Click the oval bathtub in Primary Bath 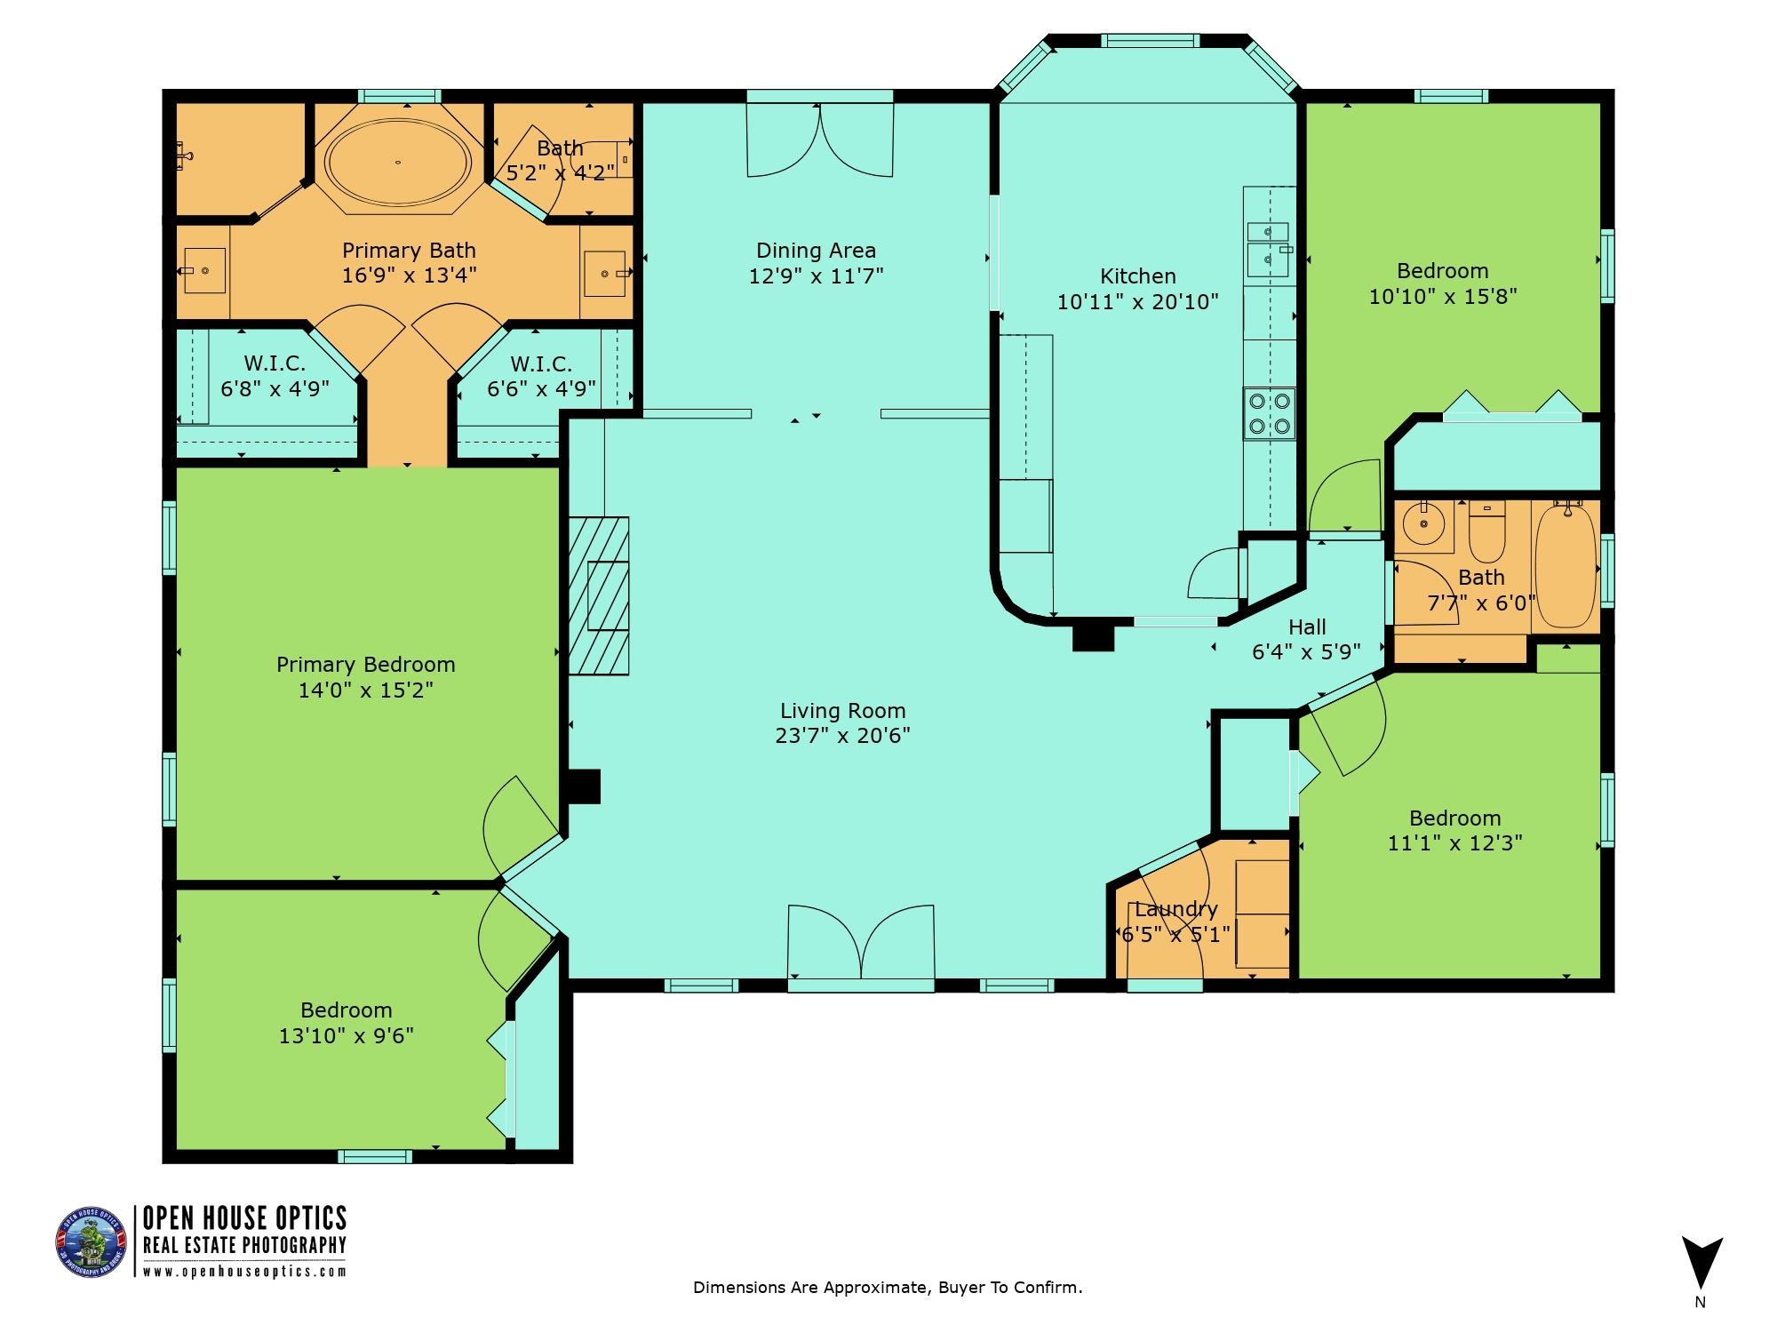coord(397,163)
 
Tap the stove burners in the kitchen coord(1269,414)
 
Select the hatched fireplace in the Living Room coord(599,595)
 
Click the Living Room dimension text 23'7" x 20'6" coord(842,736)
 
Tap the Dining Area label coord(816,251)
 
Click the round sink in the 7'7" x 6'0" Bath coord(1422,523)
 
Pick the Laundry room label coord(1175,909)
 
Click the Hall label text coord(1307,627)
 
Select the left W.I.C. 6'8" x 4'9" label coord(275,376)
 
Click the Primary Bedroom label coord(365,665)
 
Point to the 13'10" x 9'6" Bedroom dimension coord(346,1036)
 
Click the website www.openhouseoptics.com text coord(244,1272)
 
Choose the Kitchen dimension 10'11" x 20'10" coord(1137,302)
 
